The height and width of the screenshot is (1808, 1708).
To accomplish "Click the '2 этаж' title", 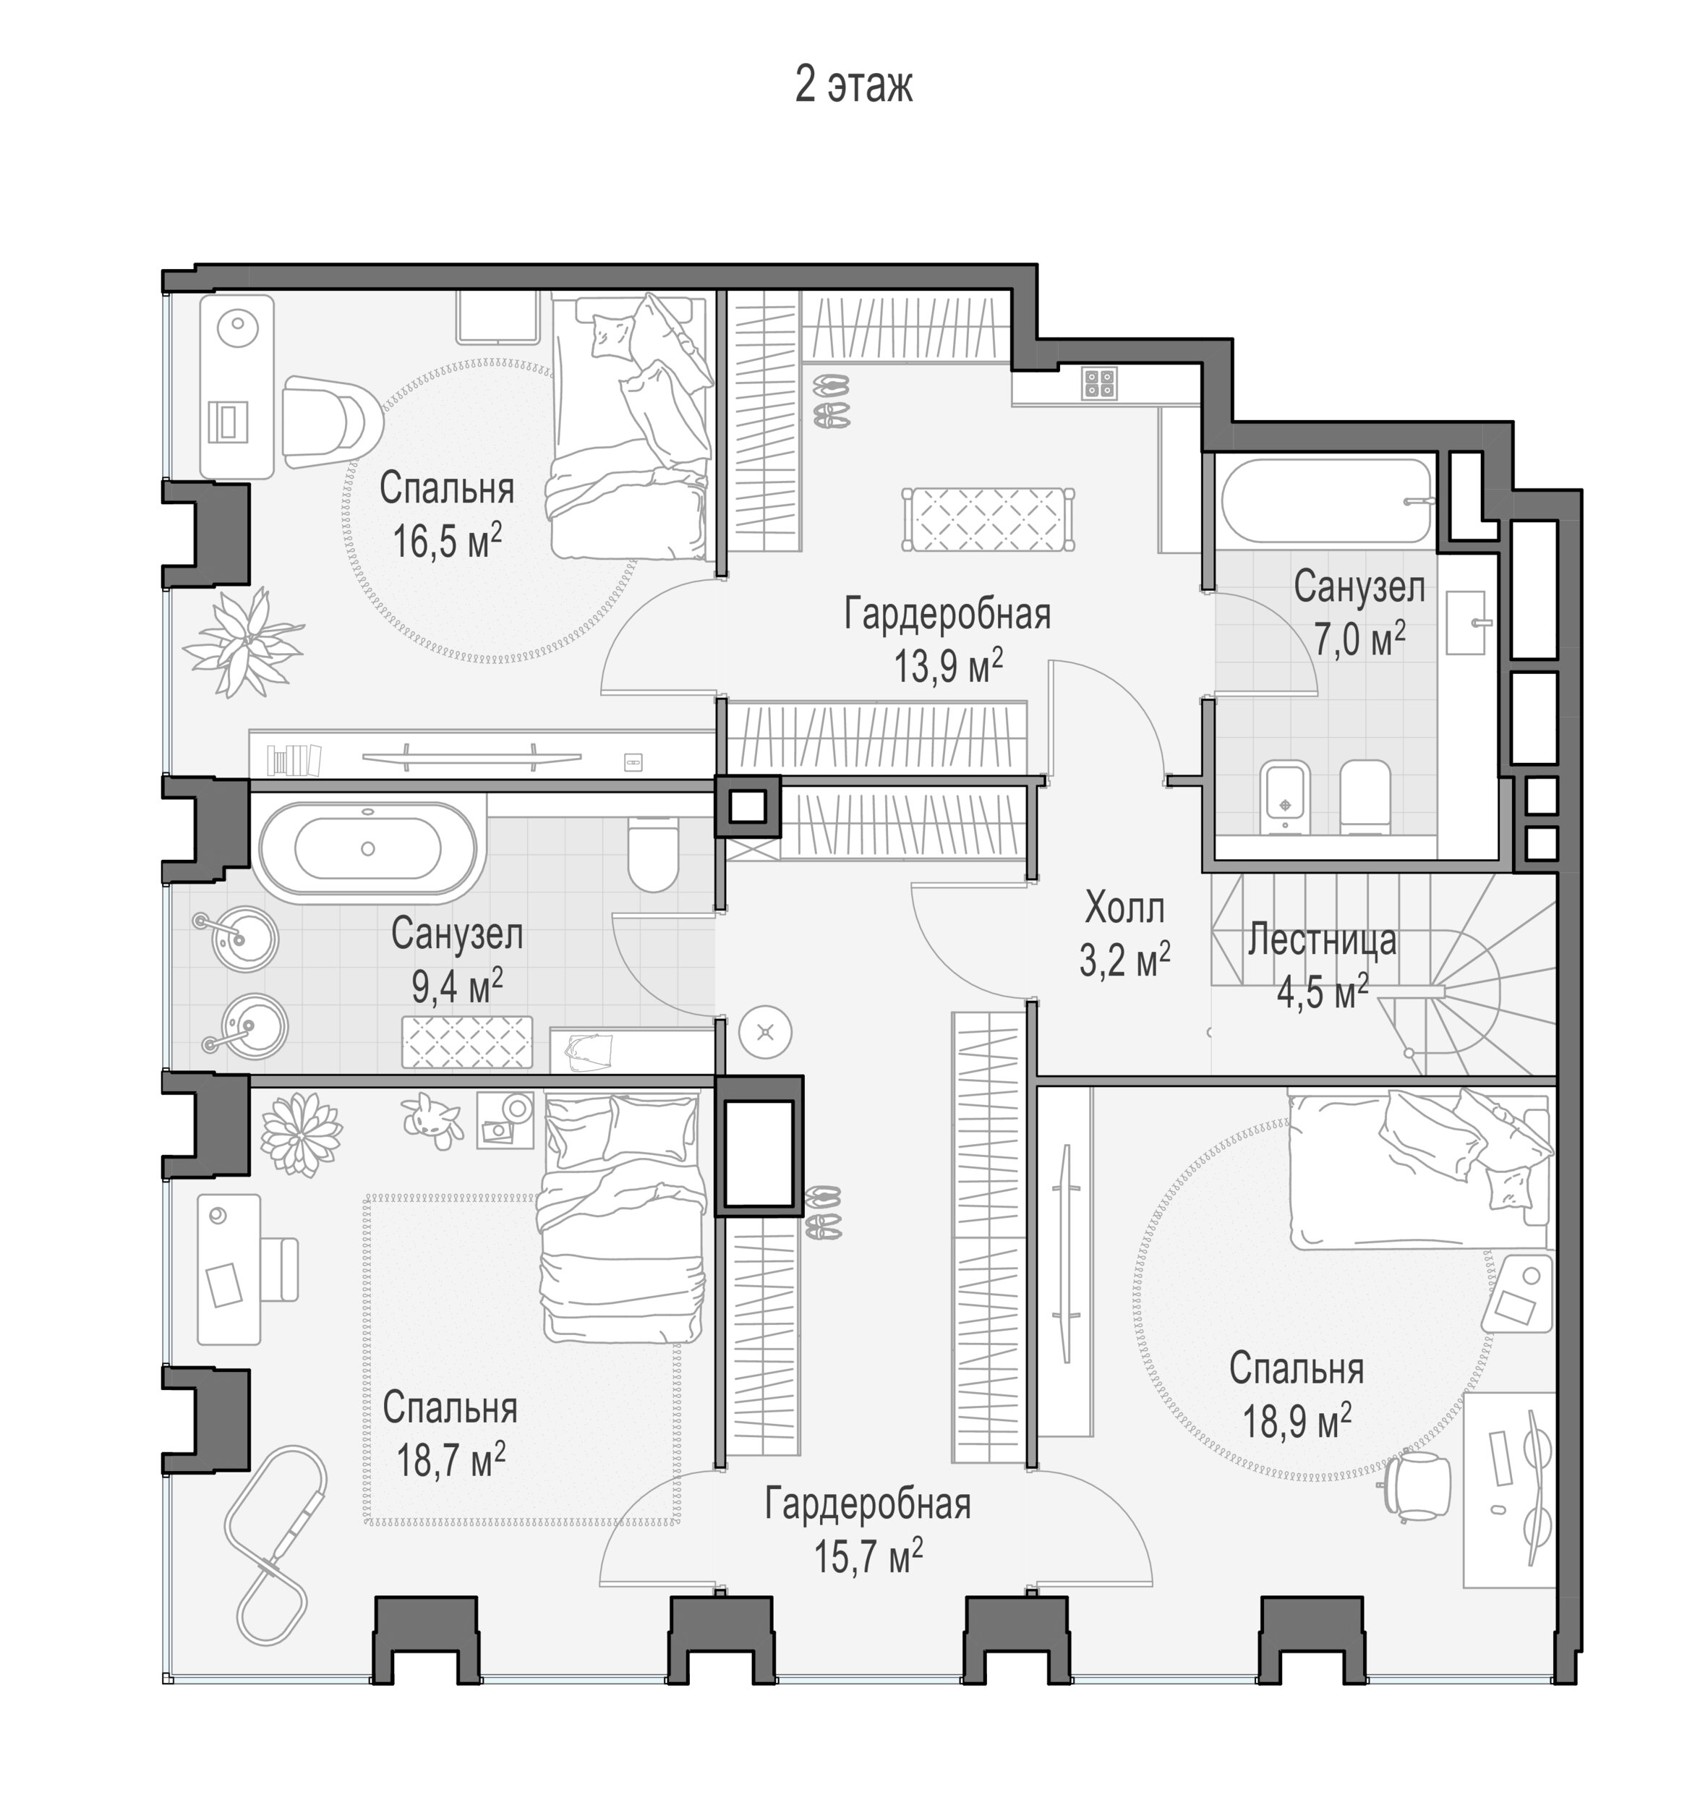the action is [853, 85].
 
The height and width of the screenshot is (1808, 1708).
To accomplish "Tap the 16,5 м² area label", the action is [447, 542].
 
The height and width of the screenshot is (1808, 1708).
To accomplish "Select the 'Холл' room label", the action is [1124, 908].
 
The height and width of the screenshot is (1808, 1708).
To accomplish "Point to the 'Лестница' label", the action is [1322, 939].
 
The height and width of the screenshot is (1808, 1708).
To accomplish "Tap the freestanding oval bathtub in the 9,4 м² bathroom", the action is [367, 848].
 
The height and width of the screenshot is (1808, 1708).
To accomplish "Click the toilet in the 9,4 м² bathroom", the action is [653, 855].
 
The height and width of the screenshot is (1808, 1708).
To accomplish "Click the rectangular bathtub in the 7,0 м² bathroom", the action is [1328, 500].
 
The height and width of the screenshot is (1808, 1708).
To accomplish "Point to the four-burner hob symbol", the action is [1100, 383].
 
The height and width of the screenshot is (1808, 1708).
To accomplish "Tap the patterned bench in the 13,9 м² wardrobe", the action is [987, 519].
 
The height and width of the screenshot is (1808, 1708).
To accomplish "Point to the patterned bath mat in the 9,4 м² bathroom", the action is [467, 1041].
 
